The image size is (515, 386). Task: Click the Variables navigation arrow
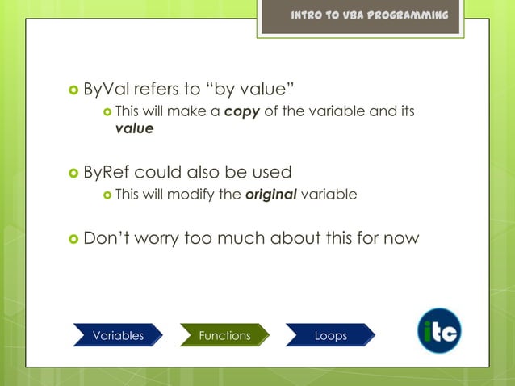coord(118,335)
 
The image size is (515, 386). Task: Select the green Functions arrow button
coord(224,335)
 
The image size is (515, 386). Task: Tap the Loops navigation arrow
coord(331,335)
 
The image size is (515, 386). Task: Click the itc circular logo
coord(439,331)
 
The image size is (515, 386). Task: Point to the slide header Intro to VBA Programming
coord(370,16)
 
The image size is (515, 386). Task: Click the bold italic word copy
coord(241,111)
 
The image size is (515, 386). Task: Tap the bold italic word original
coord(270,194)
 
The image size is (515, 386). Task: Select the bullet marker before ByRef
coord(74,173)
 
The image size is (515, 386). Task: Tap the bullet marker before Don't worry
coord(74,239)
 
